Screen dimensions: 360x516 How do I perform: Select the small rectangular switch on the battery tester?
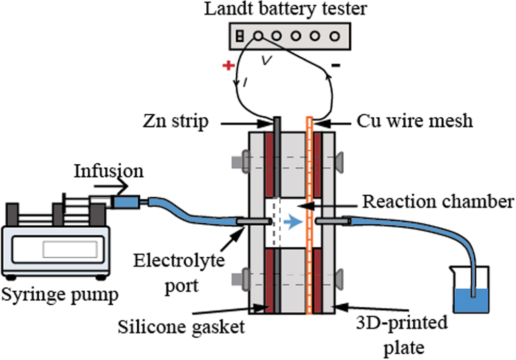pos(240,36)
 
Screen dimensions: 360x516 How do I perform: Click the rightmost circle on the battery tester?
pos(334,36)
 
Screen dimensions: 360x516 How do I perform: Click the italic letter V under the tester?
pos(266,60)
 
